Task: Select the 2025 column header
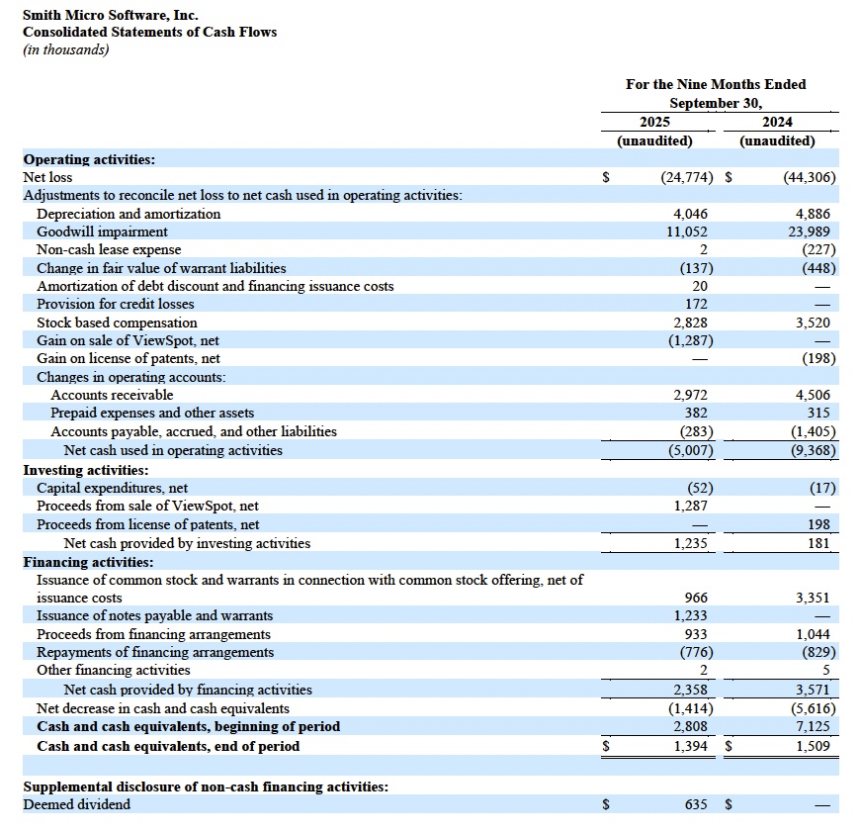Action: coord(654,122)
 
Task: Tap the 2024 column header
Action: coord(777,122)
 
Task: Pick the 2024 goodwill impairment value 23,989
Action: coord(812,231)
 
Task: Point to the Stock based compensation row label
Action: coord(117,323)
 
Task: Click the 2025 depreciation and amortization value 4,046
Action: coord(689,214)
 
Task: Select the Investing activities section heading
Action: coord(86,470)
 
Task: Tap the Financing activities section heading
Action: coord(88,562)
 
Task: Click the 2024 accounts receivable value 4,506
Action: coord(812,395)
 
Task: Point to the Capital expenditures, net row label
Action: coord(112,488)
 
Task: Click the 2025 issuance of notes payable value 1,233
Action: coord(689,615)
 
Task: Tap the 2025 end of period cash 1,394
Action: coord(689,746)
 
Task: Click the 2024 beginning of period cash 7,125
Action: coord(812,726)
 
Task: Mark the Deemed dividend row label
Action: coord(76,804)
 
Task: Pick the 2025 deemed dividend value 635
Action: coord(696,804)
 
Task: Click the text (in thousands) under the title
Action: coord(65,49)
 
